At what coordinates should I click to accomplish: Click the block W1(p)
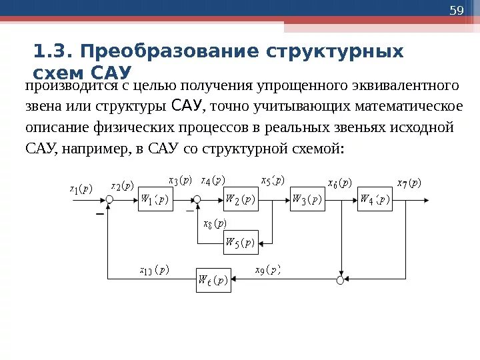tap(155, 199)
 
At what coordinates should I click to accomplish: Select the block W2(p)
tap(240, 199)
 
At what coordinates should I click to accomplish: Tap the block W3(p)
tap(307, 199)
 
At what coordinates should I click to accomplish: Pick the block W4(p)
tap(375, 199)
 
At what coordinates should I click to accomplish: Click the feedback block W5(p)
tap(240, 243)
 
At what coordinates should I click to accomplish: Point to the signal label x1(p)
tap(81, 188)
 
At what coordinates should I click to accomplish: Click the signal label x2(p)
tap(122, 185)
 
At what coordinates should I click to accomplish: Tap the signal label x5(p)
tap(272, 180)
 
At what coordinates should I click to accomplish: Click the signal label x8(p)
tap(215, 223)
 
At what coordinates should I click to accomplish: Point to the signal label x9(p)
tap(268, 270)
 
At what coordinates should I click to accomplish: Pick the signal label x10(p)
tap(154, 270)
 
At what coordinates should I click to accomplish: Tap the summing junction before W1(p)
tap(109, 199)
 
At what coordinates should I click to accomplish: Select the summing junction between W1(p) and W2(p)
tap(197, 199)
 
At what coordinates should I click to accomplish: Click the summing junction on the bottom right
tap(340, 281)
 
